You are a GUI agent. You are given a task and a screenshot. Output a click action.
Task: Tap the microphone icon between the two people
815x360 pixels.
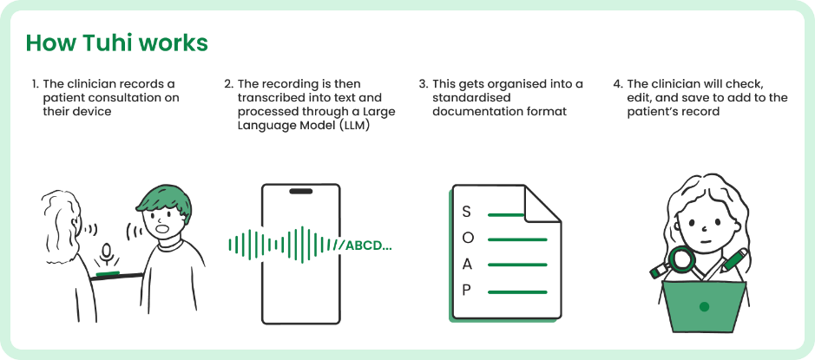pyautogui.click(x=107, y=253)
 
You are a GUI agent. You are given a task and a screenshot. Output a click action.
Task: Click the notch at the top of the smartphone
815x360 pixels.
pyautogui.click(x=301, y=191)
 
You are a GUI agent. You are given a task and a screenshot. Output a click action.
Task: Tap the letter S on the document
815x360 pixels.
pyautogui.click(x=466, y=212)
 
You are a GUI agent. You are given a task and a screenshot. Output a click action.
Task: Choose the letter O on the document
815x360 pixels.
pyautogui.click(x=467, y=238)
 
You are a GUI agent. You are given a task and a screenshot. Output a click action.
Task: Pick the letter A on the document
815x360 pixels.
pyautogui.click(x=467, y=264)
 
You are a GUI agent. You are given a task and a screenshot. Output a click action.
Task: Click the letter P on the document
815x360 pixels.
pyautogui.click(x=466, y=290)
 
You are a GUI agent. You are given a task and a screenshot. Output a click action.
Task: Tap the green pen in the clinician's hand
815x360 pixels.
pyautogui.click(x=733, y=259)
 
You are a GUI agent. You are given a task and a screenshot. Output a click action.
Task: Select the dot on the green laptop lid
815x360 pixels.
pyautogui.click(x=705, y=306)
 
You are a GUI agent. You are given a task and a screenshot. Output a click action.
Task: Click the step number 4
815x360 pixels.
pyautogui.click(x=617, y=84)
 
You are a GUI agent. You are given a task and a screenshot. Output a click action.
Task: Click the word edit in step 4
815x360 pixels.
pyautogui.click(x=639, y=98)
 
